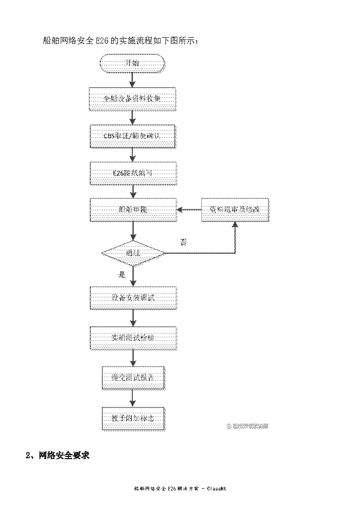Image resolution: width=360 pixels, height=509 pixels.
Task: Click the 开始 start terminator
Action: [x=132, y=63]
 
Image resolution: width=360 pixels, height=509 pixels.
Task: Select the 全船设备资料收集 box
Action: [x=132, y=98]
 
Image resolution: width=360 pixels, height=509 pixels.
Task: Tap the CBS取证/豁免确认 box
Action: [x=132, y=136]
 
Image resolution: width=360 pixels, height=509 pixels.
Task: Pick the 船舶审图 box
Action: [x=132, y=210]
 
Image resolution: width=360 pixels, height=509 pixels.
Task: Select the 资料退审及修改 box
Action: [x=235, y=210]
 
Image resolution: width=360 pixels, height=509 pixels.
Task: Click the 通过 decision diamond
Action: [x=132, y=253]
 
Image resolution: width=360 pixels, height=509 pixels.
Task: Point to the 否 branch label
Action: [x=184, y=242]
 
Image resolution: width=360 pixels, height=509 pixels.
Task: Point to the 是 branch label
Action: [x=121, y=274]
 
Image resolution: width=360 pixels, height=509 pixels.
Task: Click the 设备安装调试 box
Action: [x=132, y=298]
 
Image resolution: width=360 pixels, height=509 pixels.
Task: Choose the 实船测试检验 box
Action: [x=132, y=338]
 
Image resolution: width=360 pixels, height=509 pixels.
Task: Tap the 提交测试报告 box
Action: [x=132, y=378]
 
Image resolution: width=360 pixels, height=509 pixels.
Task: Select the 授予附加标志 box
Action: [x=132, y=418]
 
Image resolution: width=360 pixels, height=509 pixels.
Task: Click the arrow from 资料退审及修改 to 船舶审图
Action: [x=189, y=210]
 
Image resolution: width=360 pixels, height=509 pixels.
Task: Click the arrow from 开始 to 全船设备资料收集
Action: [x=132, y=80]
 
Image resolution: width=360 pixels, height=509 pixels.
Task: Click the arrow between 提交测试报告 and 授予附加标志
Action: [x=132, y=398]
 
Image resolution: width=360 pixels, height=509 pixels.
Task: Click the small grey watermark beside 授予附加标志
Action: [x=248, y=426]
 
